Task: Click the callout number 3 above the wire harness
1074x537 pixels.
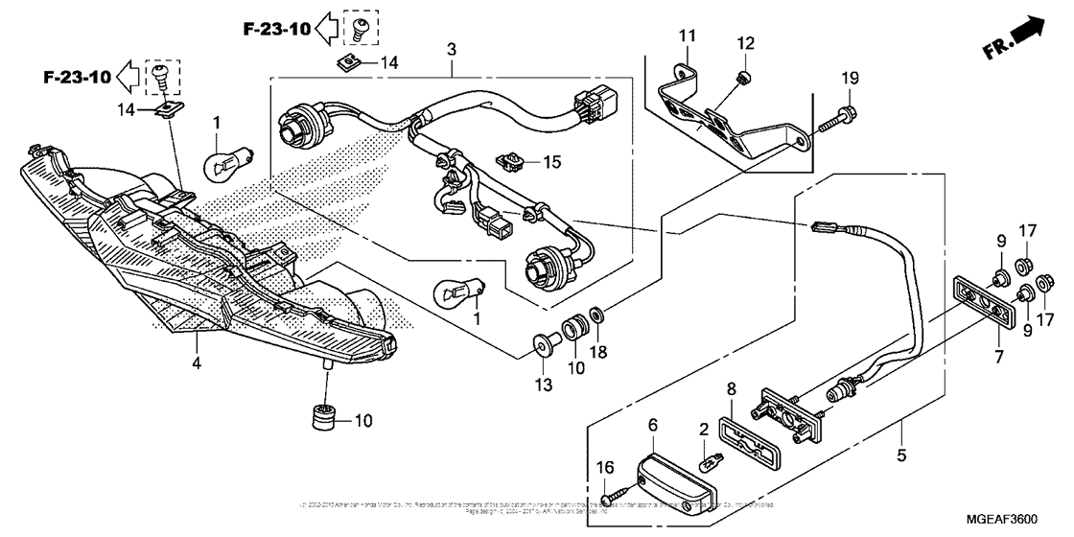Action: coord(452,49)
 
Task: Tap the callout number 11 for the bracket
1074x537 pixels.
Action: coord(686,36)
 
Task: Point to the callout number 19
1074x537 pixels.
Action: coord(851,79)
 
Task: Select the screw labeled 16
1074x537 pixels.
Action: coord(613,498)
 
